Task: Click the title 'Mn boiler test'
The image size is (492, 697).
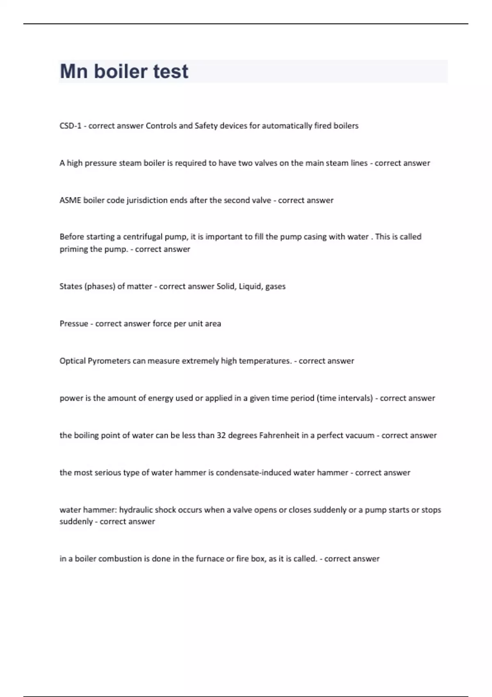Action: click(x=124, y=71)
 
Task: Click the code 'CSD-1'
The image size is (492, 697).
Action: click(x=70, y=126)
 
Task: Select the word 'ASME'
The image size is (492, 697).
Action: click(x=70, y=200)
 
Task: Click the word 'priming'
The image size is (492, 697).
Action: click(x=74, y=249)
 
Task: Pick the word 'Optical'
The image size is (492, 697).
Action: click(x=73, y=361)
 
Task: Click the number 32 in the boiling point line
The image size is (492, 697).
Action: click(x=221, y=435)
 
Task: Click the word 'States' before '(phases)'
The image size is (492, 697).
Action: click(x=71, y=286)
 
